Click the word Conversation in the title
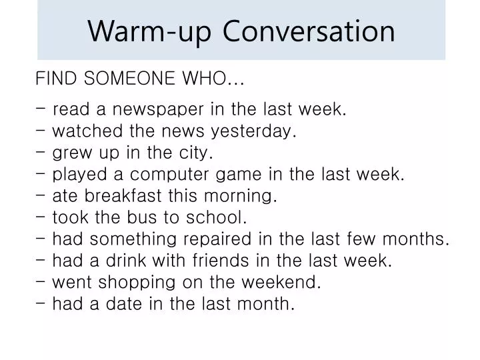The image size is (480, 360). pos(309,31)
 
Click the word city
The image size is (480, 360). pos(197,153)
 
